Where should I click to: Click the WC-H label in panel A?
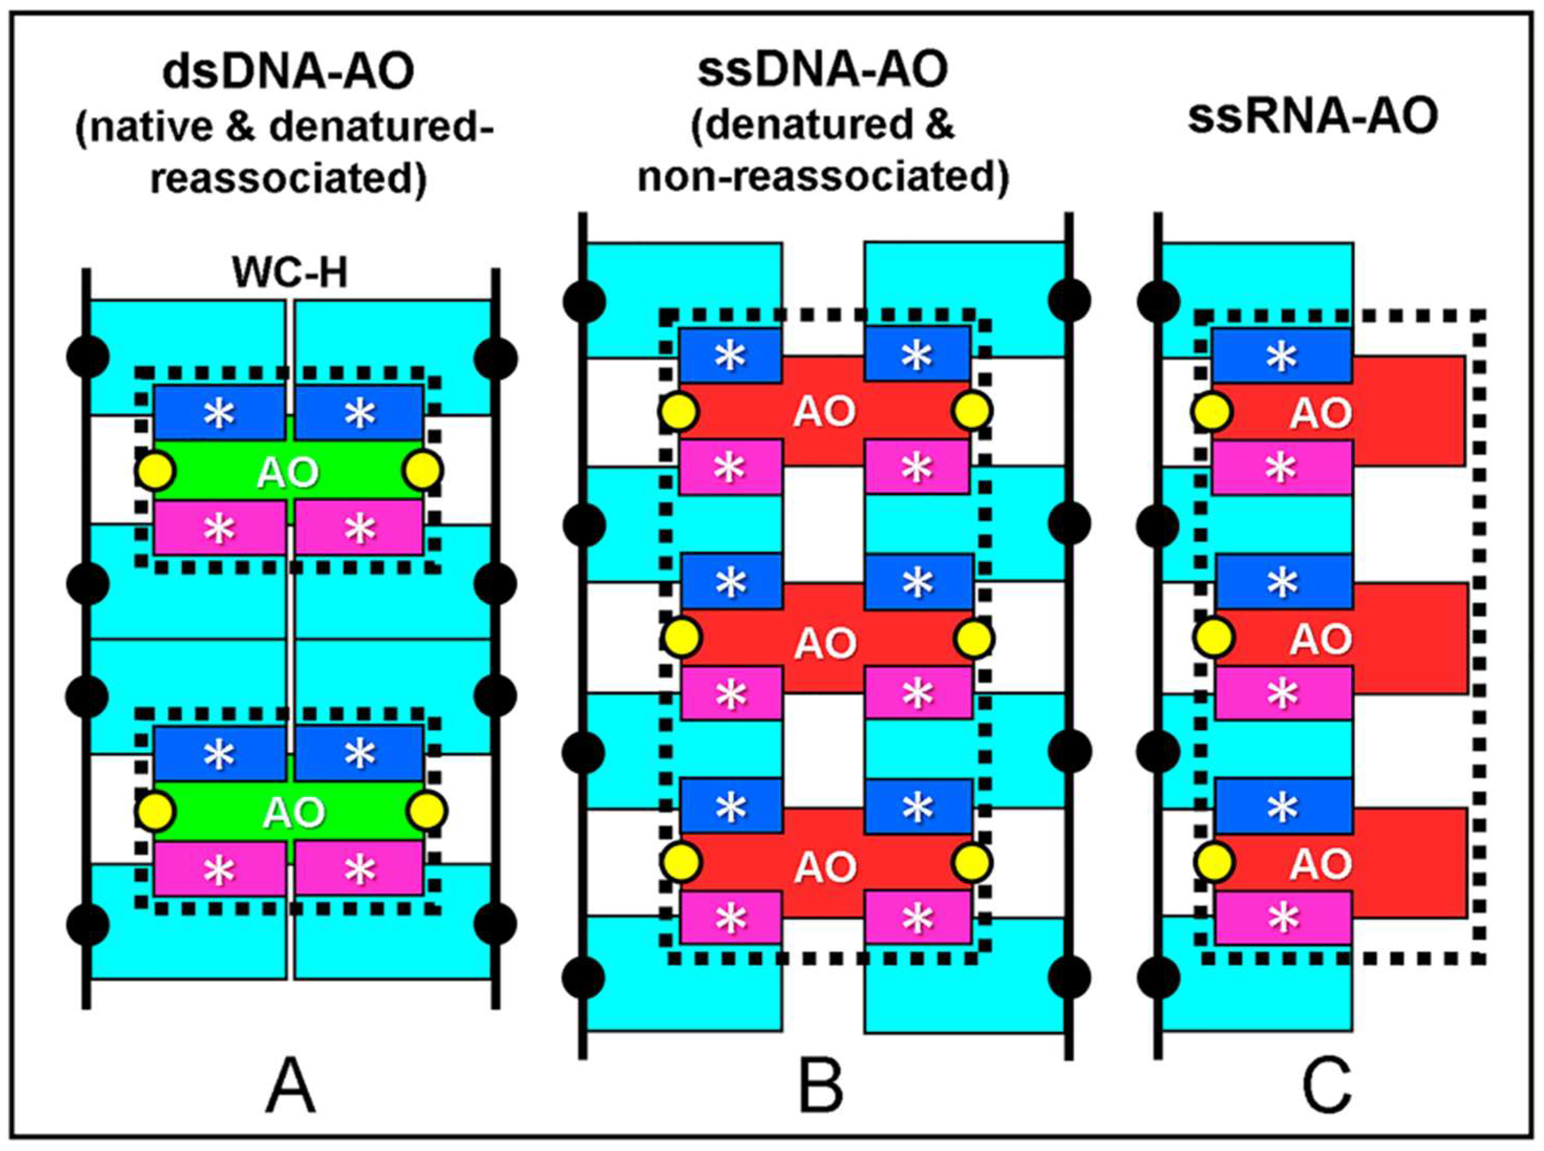pos(291,273)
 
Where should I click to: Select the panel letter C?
pos(1327,1088)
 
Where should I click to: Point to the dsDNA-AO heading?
pos(288,72)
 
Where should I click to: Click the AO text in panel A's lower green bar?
pos(293,812)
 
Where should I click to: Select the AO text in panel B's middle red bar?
pos(825,642)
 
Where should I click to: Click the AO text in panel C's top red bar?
pos(1321,414)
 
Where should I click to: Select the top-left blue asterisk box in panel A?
pos(219,413)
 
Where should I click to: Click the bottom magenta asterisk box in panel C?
pos(1283,918)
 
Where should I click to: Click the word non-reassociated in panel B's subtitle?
pos(823,178)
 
